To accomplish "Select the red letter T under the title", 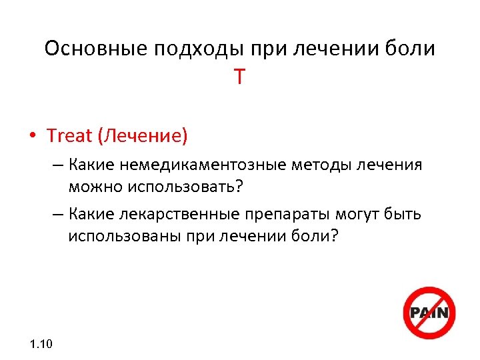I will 239,78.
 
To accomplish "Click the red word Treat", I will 69,136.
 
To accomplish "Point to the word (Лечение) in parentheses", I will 143,136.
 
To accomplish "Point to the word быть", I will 403,215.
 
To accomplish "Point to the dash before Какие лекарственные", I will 58,215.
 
